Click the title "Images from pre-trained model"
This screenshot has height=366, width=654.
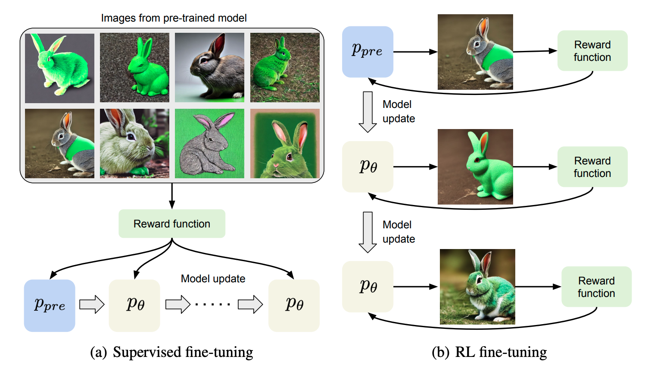tap(174, 18)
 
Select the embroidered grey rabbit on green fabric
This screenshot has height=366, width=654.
tap(209, 143)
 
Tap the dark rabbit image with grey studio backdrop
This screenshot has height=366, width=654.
tap(209, 68)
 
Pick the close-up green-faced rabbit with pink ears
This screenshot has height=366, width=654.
tap(285, 143)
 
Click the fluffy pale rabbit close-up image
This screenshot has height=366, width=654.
tap(134, 143)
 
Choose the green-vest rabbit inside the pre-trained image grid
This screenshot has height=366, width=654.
tap(59, 143)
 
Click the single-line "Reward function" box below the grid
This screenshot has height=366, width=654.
tap(172, 224)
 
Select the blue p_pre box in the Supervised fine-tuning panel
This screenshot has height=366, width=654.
tap(50, 306)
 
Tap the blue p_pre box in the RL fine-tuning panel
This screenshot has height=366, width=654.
tap(367, 52)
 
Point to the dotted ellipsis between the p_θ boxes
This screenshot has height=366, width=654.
tap(213, 305)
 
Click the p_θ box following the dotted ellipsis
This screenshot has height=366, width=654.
tap(294, 306)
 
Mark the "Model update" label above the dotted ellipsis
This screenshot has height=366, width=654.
tap(213, 279)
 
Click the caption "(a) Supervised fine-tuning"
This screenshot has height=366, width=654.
tap(171, 352)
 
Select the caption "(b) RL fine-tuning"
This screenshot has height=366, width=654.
tap(489, 352)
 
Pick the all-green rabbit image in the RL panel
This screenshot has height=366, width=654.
tap(475, 167)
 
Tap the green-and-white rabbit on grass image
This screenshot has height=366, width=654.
tap(477, 287)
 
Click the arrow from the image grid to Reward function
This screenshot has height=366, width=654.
tap(172, 196)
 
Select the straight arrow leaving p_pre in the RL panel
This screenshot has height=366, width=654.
tap(415, 52)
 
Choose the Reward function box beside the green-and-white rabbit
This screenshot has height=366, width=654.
tap(596, 287)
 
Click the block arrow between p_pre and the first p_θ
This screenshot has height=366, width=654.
tap(92, 305)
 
